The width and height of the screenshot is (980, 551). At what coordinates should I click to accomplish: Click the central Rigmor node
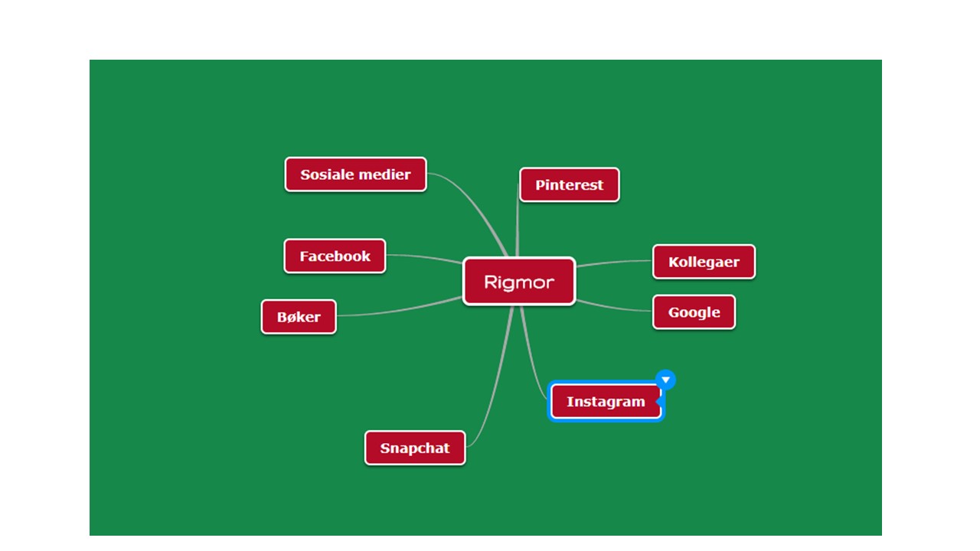(519, 282)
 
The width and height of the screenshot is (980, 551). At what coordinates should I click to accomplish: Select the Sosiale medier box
(355, 174)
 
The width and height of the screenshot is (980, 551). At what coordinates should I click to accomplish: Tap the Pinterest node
(569, 185)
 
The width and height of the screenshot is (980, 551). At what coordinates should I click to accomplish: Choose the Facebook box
(335, 256)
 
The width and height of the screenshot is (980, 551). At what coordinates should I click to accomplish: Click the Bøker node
(299, 317)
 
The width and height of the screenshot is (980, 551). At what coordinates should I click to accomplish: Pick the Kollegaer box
(704, 262)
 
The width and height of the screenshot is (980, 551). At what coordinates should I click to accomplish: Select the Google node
(694, 312)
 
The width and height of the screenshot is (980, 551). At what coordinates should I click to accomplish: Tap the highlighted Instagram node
(606, 402)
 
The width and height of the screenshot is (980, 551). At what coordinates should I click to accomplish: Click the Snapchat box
(415, 448)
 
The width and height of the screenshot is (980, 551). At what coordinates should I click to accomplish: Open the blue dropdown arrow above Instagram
(665, 380)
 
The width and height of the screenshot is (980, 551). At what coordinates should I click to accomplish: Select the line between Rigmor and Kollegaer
(613, 262)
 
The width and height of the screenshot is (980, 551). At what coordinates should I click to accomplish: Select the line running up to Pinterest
(517, 221)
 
